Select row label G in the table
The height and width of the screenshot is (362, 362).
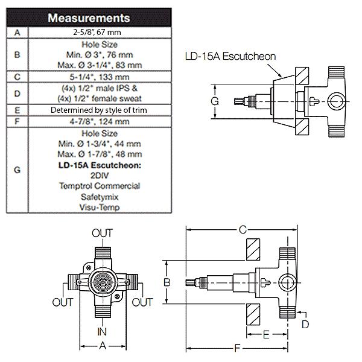pos(17,170)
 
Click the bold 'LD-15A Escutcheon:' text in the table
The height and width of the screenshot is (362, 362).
pos(100,165)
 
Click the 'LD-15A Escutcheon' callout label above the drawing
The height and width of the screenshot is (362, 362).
pos(230,56)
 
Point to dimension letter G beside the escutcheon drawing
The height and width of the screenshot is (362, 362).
pos(214,101)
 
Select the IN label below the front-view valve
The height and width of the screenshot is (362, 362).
pos(102,331)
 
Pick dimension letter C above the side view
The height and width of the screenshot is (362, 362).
pos(243,230)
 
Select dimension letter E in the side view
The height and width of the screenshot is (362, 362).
pos(266,333)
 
